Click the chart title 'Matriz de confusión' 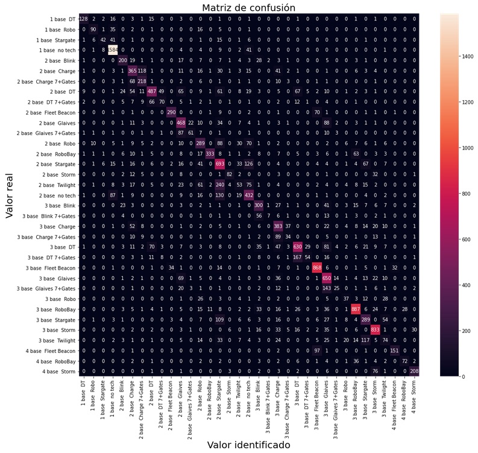pyautogui.click(x=248, y=8)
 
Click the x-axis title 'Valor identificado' pyautogui.click(x=248, y=445)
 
